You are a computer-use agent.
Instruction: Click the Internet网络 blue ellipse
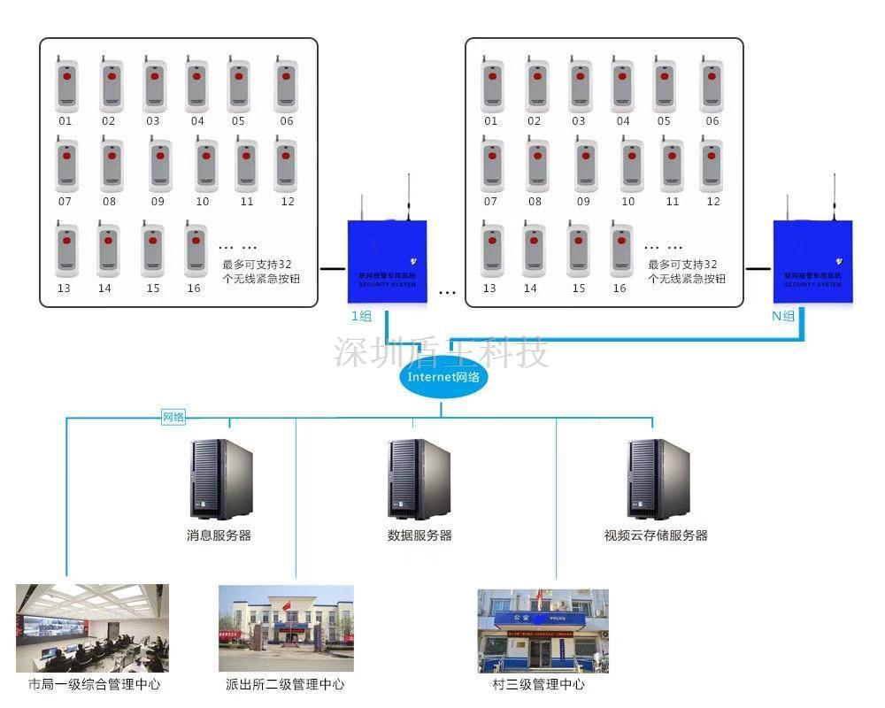pos(443,377)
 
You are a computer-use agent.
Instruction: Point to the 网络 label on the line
pos(173,417)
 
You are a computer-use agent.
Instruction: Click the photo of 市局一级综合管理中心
pos(92,628)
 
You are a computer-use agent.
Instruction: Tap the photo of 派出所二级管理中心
pos(286,628)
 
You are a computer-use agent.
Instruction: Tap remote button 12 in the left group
pos(285,165)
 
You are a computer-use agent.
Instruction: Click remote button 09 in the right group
pos(585,165)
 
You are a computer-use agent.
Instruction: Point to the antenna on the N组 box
pos(834,196)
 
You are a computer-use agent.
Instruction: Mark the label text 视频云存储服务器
pos(656,535)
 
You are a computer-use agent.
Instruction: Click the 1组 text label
pos(361,316)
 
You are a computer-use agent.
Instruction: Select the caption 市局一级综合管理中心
pos(95,684)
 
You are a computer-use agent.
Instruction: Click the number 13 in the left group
pos(64,289)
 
